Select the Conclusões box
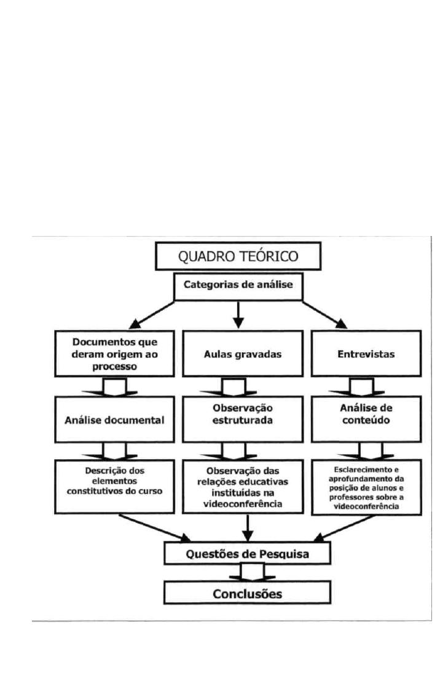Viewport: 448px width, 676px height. (247, 594)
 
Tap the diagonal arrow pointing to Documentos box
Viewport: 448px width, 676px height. (151, 315)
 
